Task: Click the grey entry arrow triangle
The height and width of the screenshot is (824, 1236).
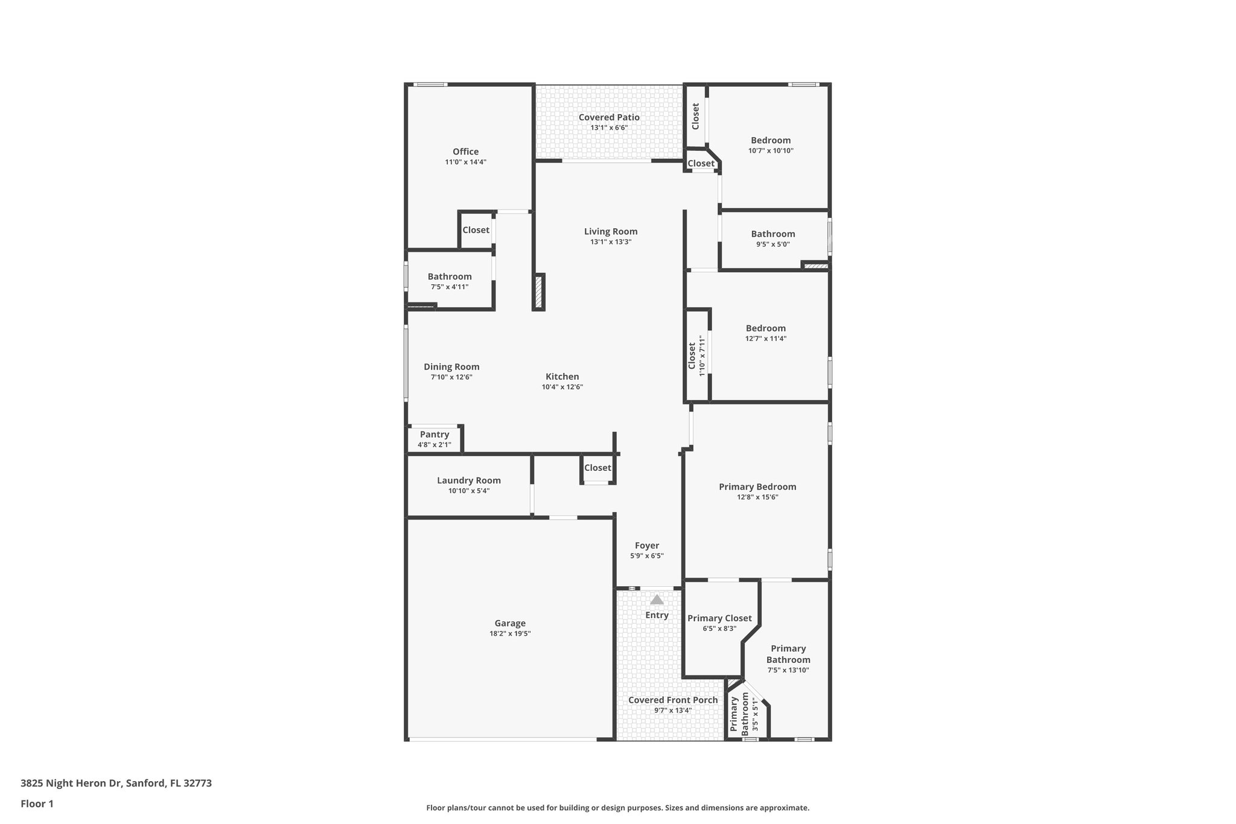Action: pyautogui.click(x=657, y=599)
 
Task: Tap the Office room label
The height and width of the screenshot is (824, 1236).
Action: pyautogui.click(x=465, y=152)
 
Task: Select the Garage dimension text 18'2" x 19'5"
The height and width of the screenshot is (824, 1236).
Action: pyautogui.click(x=510, y=633)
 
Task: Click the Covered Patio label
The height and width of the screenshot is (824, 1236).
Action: pyautogui.click(x=609, y=117)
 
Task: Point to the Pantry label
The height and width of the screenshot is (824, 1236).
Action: pyautogui.click(x=435, y=435)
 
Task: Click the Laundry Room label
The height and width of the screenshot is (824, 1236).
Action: pyautogui.click(x=469, y=481)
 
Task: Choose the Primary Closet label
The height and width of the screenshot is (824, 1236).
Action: pyautogui.click(x=719, y=618)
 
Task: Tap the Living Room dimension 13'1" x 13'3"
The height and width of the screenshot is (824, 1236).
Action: pyautogui.click(x=611, y=242)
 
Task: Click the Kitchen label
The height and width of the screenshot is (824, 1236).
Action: pyautogui.click(x=562, y=377)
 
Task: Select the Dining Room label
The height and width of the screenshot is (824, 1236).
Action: pyautogui.click(x=451, y=366)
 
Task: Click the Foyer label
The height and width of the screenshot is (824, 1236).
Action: pyautogui.click(x=647, y=546)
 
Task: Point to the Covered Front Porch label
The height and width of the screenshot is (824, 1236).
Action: pyautogui.click(x=673, y=700)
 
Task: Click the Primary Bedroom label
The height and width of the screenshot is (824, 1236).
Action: pyautogui.click(x=757, y=487)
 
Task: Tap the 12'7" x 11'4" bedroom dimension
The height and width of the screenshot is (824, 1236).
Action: pyautogui.click(x=765, y=339)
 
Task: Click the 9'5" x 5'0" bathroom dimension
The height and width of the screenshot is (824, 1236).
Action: pyautogui.click(x=773, y=244)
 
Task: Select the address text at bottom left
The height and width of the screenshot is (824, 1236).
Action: pyautogui.click(x=116, y=784)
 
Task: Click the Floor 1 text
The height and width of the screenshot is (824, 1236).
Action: pyautogui.click(x=37, y=804)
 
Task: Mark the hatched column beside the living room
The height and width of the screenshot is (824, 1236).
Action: pyautogui.click(x=538, y=292)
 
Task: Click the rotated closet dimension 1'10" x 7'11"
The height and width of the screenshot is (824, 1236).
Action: pyautogui.click(x=702, y=356)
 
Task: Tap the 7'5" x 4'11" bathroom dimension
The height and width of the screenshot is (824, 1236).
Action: pyautogui.click(x=450, y=287)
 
